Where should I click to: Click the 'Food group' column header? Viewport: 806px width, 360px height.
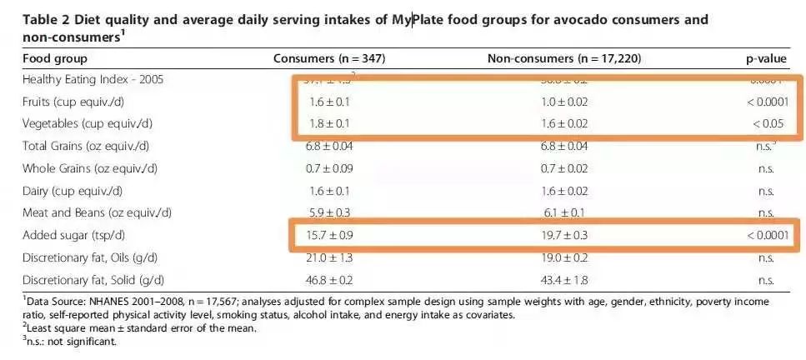click(x=55, y=58)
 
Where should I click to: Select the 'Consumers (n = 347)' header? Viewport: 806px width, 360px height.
click(x=329, y=58)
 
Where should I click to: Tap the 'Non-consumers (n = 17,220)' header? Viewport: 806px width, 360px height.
click(x=564, y=58)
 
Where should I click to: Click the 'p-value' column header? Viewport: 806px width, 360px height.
click(x=766, y=58)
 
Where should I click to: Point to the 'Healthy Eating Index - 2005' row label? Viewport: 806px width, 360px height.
click(x=93, y=80)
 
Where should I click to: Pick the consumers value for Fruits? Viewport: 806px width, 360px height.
click(x=329, y=102)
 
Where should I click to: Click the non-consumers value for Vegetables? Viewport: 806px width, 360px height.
click(x=564, y=124)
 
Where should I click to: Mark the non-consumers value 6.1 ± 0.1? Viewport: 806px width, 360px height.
click(x=564, y=213)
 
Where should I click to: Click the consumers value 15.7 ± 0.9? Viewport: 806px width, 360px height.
click(x=329, y=236)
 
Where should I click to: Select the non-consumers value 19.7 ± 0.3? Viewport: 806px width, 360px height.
click(x=564, y=236)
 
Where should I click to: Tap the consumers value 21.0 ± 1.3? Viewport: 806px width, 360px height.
click(x=329, y=257)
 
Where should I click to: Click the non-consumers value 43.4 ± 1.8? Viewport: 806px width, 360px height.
click(x=564, y=280)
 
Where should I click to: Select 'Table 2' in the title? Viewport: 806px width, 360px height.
click(x=48, y=20)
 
